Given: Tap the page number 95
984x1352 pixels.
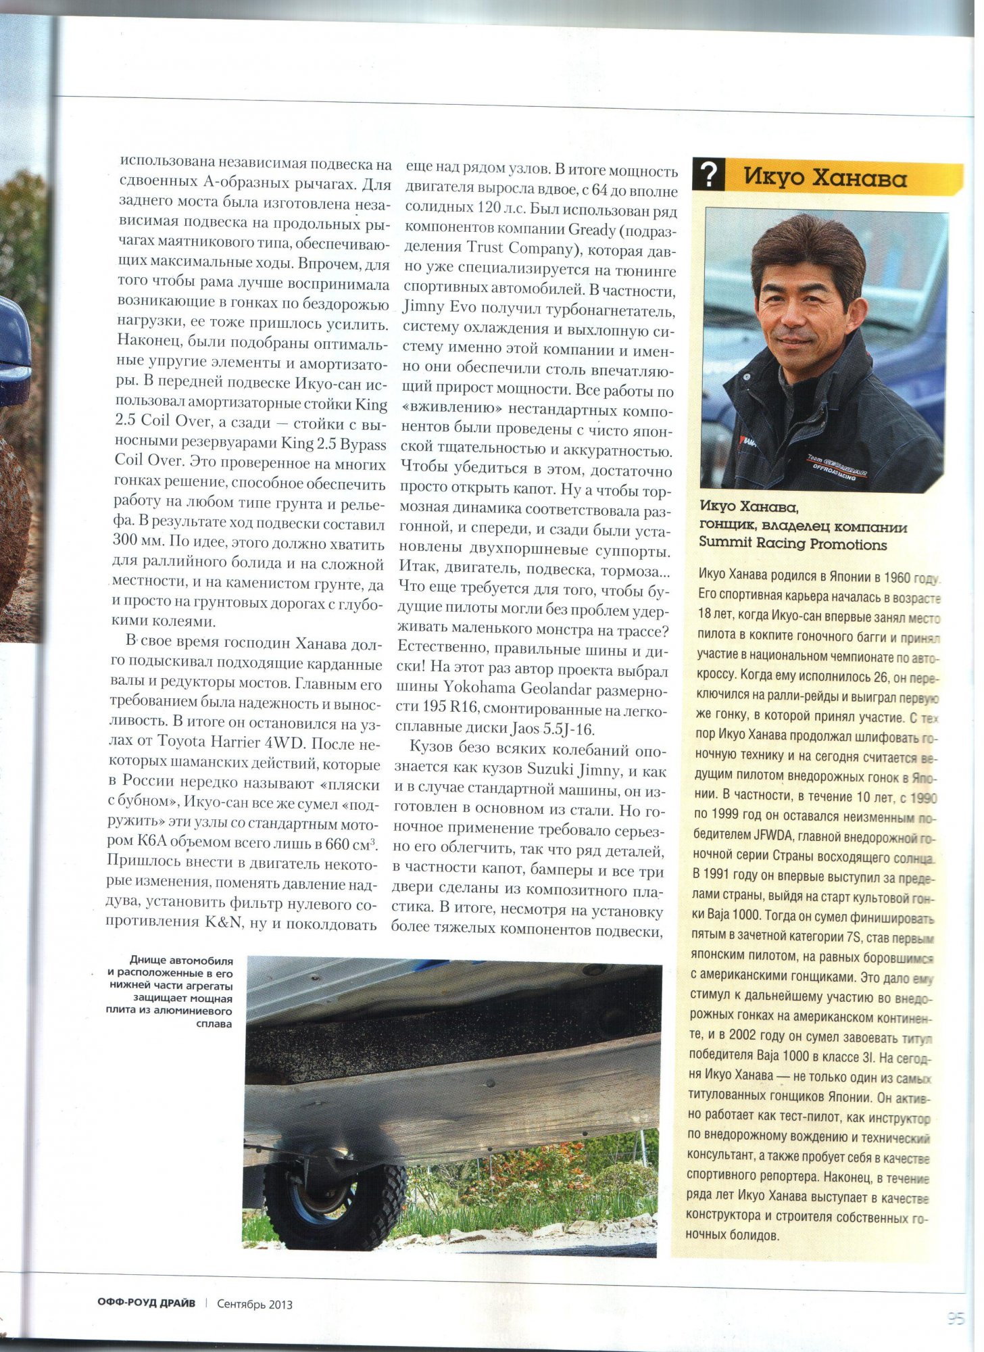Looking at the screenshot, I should point(955,1318).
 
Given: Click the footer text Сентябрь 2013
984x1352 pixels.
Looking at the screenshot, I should point(255,1304).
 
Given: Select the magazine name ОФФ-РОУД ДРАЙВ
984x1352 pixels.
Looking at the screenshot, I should point(146,1303).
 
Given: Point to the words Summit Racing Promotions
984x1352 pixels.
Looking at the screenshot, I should point(793,544).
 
